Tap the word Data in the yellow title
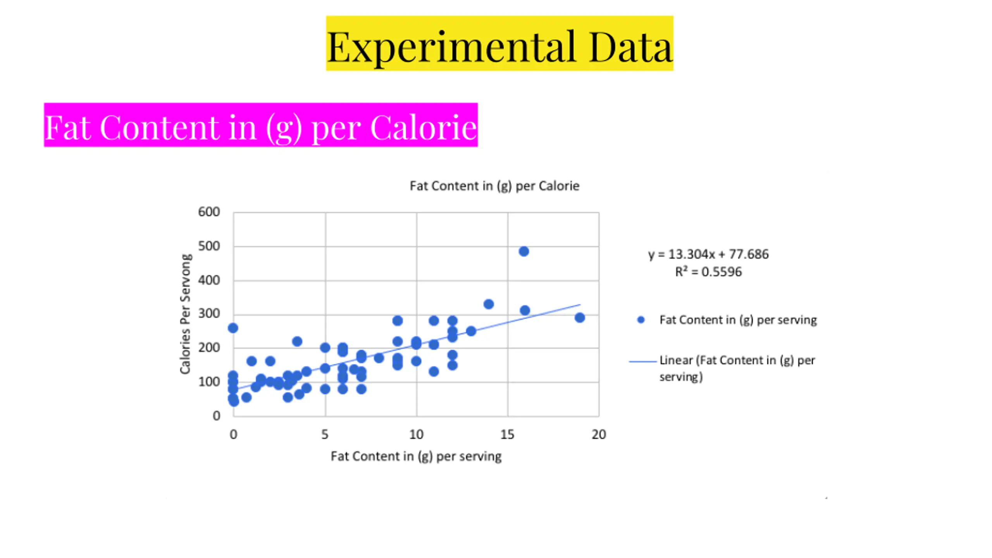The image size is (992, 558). tap(630, 47)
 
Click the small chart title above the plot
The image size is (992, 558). tap(494, 186)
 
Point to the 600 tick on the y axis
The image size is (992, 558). tap(209, 212)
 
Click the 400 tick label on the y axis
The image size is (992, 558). tap(209, 280)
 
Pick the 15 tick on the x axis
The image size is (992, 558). tap(507, 434)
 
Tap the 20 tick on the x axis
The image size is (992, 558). tap(599, 434)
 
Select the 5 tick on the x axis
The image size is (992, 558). tap(325, 434)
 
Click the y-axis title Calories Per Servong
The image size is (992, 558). tap(186, 314)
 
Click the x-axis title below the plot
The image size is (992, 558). tap(416, 456)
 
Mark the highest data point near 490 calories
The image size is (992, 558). tap(524, 251)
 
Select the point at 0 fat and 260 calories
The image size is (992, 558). tap(233, 328)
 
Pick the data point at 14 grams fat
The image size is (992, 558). tap(489, 304)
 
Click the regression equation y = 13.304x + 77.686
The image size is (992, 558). tap(708, 254)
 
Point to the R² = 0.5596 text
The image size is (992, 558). tap(708, 272)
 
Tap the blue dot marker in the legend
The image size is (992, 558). tap(641, 320)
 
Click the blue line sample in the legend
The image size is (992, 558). tap(642, 361)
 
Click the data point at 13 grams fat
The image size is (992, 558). tap(471, 331)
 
